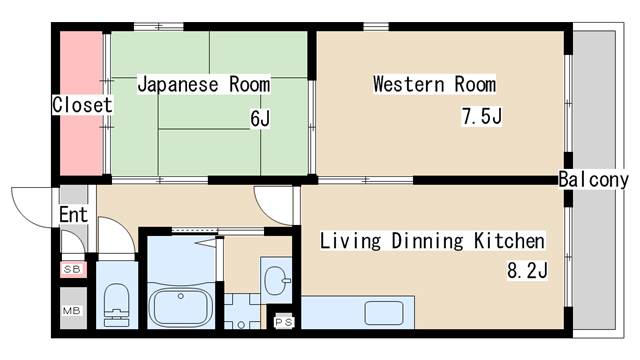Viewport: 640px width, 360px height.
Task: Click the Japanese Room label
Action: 203,84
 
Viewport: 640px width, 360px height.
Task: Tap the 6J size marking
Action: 260,118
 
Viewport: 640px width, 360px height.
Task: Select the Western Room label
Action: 434,84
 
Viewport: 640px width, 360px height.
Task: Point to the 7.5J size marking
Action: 482,116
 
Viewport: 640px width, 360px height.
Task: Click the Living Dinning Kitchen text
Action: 432,241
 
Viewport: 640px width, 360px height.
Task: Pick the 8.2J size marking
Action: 527,270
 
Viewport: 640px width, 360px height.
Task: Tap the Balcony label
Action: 593,180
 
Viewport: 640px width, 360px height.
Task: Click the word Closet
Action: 82,105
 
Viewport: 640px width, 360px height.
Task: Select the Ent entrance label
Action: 73,215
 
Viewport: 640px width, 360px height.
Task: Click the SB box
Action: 73,269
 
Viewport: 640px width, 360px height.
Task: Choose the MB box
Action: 72,311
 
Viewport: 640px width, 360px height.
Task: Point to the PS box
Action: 284,322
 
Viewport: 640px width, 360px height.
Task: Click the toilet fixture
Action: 117,304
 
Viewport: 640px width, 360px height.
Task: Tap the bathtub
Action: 180,308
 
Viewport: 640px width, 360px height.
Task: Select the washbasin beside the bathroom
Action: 276,280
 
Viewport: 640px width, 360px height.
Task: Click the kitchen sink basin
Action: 384,313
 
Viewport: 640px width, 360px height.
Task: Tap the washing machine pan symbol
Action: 242,311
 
